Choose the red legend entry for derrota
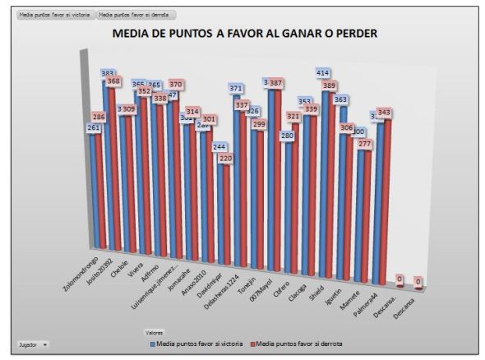pos(301,343)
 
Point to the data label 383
pos(108,73)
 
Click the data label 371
pos(236,87)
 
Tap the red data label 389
pos(329,85)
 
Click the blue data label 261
pos(95,127)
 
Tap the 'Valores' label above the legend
pos(155,333)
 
